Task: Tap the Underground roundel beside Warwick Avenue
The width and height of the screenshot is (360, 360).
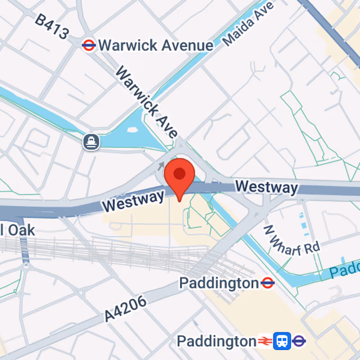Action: (89, 45)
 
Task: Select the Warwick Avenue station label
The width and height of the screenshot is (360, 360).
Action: (156, 45)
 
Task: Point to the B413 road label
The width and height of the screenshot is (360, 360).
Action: (53, 27)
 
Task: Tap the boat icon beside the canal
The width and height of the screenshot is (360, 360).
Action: (91, 142)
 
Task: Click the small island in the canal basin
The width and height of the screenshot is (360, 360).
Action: (132, 130)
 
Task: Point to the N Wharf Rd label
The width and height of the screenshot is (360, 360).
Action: (291, 241)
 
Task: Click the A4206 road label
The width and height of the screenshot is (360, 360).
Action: (126, 309)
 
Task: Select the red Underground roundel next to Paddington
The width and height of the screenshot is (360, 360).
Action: (268, 283)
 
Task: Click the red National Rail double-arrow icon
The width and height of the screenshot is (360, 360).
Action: (265, 341)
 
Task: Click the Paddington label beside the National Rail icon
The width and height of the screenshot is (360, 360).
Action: (216, 341)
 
